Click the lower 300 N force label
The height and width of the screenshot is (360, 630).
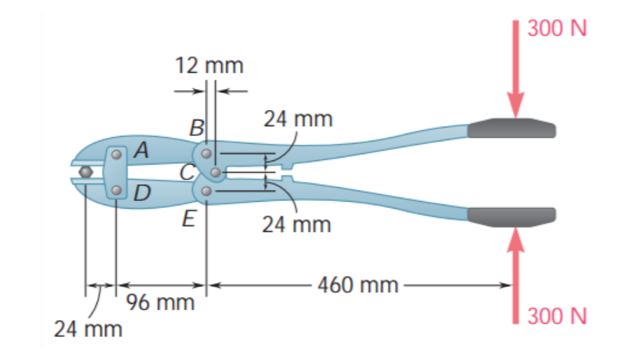[557, 316]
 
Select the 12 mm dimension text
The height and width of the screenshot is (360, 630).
[209, 67]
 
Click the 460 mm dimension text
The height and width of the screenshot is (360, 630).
[357, 285]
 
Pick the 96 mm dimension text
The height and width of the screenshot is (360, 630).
[161, 303]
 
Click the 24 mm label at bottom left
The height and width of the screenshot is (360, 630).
[87, 328]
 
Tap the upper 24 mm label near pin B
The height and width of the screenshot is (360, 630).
[297, 118]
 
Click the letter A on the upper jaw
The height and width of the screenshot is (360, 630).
[141, 149]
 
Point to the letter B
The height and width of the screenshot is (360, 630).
[197, 127]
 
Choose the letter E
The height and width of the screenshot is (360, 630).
[188, 219]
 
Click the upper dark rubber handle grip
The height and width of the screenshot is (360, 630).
[512, 128]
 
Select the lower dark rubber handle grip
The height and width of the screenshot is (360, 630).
[512, 216]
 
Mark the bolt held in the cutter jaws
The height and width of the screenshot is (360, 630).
[85, 172]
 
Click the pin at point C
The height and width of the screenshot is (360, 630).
[215, 172]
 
